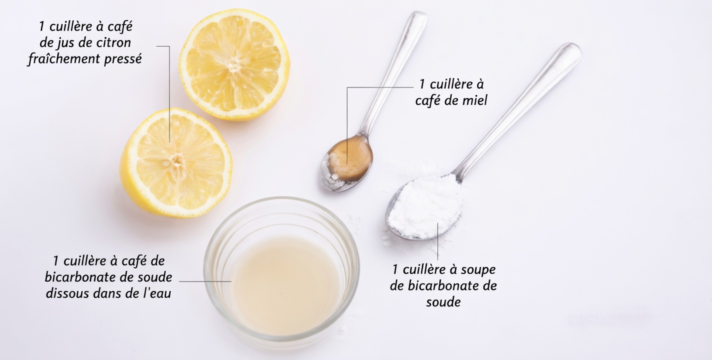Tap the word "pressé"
point(122,59)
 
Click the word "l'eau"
point(156,293)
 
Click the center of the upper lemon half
point(234,64)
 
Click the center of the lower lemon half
point(175,161)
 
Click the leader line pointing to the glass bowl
point(205,281)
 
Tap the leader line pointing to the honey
point(380,87)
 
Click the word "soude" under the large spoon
point(443,302)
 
